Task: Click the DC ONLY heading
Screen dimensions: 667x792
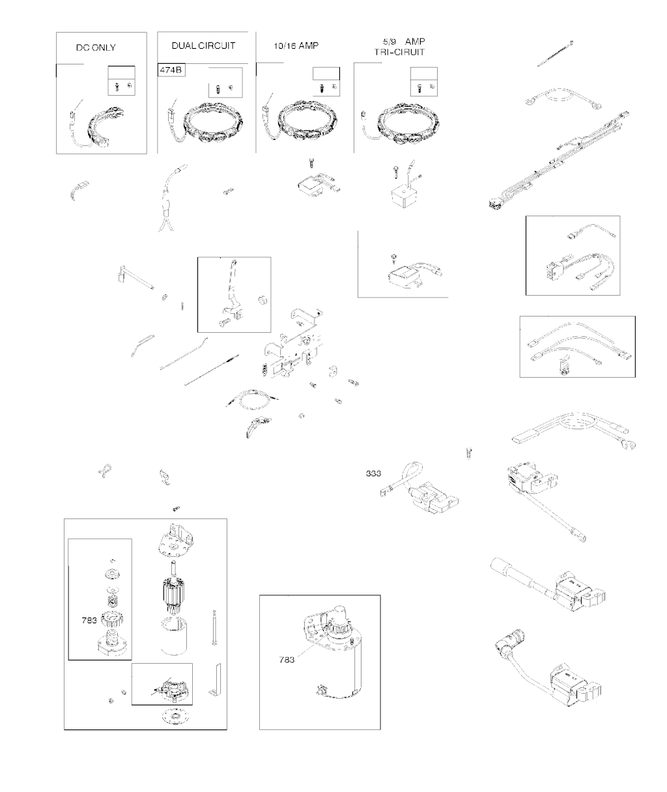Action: [x=96, y=48]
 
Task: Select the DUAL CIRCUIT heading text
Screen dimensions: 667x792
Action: [x=203, y=46]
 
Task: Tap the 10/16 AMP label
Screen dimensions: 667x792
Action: [x=296, y=46]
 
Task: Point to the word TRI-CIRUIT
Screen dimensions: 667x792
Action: [x=399, y=52]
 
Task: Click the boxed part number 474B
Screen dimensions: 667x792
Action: [x=171, y=70]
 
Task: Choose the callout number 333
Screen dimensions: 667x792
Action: [x=373, y=474]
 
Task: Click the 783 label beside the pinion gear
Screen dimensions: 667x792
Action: [x=89, y=620]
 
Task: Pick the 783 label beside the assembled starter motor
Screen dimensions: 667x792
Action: [x=287, y=660]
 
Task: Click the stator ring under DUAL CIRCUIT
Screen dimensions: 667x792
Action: [x=213, y=122]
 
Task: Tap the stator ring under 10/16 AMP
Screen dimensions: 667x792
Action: [x=307, y=122]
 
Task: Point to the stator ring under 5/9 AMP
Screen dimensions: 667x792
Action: [x=409, y=123]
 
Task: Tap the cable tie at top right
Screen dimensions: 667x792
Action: [x=555, y=54]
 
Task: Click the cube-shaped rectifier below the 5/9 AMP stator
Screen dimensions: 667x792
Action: [x=404, y=197]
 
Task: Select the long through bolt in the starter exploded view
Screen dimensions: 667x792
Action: [x=214, y=627]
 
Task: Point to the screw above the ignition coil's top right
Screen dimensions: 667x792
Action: [x=469, y=453]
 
